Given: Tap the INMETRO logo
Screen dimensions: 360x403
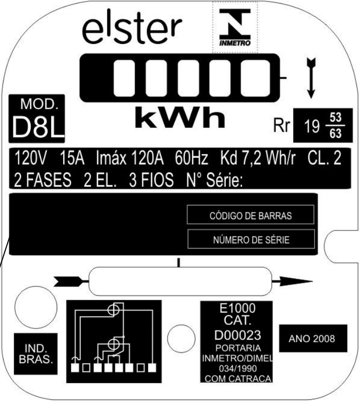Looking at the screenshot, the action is pos(235,27).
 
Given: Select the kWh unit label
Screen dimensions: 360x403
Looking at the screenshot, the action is pos(180,117).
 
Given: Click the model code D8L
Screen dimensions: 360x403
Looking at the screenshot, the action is pos(37,127).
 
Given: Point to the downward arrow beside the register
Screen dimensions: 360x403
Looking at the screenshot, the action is pos(311,78).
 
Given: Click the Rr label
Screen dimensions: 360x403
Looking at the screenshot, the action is pos(281,126).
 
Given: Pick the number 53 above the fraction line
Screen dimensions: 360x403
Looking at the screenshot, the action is pos(335,117).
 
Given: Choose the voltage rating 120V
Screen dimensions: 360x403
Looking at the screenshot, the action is pos(31,158).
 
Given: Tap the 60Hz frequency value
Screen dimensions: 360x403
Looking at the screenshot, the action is pos(191,158).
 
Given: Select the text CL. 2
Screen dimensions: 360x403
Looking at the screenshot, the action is pos(324,158).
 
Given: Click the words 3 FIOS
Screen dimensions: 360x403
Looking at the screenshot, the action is pos(151,180).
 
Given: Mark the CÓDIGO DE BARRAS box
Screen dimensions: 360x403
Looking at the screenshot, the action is pos(251,215).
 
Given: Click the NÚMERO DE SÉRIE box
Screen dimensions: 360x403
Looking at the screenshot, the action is pos(251,239).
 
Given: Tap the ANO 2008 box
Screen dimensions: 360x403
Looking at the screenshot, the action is pos(313,338).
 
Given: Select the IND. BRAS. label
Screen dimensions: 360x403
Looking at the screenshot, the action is pos(36,354).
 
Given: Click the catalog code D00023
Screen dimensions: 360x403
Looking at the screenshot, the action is pos(237,335).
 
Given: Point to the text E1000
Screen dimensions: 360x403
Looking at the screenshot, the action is pos(237,308).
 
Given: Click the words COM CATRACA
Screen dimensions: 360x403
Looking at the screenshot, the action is pos(238,378).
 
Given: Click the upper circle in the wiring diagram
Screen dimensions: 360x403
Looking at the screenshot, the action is pos(113,310).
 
